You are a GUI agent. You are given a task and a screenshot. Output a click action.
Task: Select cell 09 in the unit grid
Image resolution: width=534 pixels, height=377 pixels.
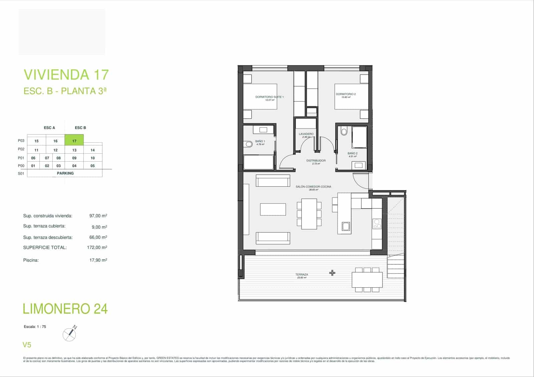pos(74,158)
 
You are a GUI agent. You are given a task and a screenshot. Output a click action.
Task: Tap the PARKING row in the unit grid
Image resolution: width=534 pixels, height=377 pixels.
pos(65,173)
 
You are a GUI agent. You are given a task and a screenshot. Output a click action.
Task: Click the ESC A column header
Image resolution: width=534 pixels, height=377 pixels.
pos(49,128)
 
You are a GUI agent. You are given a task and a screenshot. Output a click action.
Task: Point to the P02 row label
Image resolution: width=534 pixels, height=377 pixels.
pos(21,149)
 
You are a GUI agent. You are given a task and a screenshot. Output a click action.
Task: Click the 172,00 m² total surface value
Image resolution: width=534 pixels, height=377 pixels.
pos(97,248)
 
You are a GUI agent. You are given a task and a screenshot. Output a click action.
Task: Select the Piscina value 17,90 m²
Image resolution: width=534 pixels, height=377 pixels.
pos(98,260)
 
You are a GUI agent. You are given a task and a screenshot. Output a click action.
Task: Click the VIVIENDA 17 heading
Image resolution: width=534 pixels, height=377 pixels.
pos(66,75)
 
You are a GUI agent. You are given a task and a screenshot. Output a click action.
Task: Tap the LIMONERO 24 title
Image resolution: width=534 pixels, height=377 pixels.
pos(65,309)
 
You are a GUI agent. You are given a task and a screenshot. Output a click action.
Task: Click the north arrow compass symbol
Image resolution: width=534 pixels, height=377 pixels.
pos(69,334)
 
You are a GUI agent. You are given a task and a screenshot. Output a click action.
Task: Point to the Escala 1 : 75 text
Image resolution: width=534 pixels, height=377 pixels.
pos(35,327)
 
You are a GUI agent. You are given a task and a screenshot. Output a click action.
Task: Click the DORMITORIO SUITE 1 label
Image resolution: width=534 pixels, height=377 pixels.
pos(269,97)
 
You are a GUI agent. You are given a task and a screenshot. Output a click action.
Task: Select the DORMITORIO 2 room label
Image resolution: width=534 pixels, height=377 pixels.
pos(346,94)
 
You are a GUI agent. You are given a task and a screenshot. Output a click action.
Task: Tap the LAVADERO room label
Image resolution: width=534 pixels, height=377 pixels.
pos(306,134)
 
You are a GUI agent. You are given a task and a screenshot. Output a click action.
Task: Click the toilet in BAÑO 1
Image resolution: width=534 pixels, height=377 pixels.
pos(248,144)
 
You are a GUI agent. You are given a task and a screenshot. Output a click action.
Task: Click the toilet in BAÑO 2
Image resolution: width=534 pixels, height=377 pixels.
pos(344,131)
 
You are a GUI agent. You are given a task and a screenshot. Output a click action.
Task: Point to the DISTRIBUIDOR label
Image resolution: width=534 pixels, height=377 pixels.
pos(316,160)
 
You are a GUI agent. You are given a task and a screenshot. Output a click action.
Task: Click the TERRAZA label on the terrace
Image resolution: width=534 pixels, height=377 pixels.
pos(302,275)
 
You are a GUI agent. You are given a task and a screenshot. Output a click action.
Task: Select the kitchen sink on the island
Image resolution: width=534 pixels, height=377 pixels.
pos(346,227)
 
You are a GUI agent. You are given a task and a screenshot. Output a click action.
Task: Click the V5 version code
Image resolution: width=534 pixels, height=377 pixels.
pos(27,345)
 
